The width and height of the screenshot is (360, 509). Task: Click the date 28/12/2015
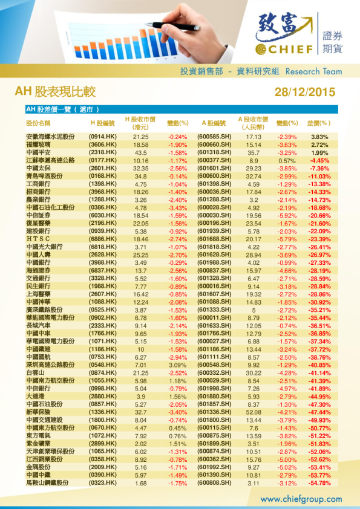304,92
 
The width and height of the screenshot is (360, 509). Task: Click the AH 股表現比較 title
55,92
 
